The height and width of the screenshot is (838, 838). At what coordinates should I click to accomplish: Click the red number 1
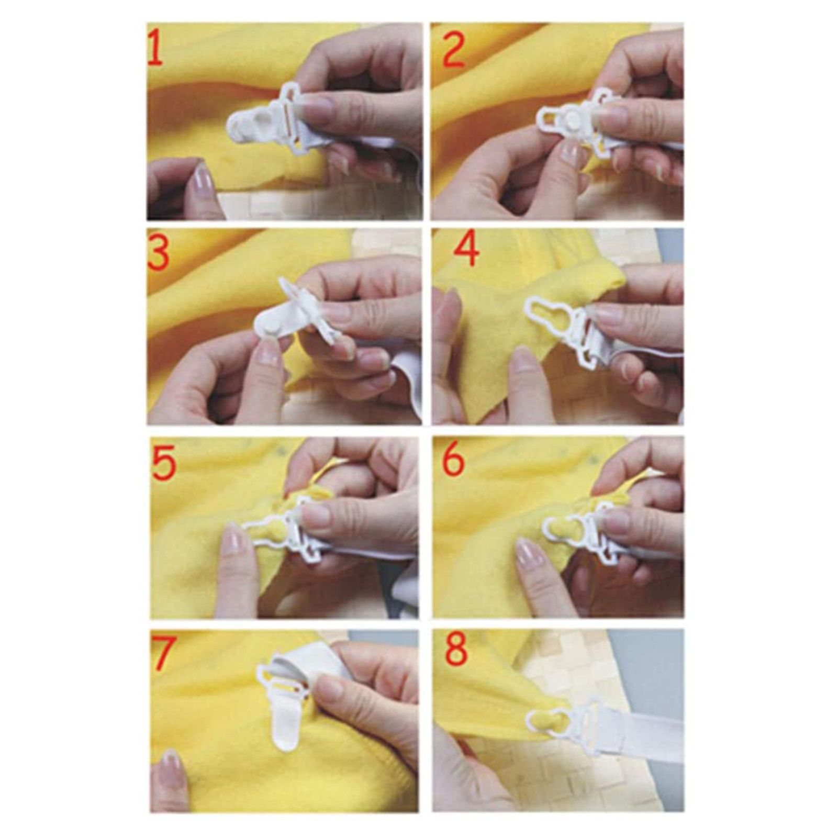pos(155,48)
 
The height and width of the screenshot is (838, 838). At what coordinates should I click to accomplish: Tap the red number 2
pos(454,50)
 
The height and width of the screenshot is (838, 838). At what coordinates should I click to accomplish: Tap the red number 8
pos(455,650)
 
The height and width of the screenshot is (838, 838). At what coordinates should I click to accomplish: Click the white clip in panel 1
pos(267,119)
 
